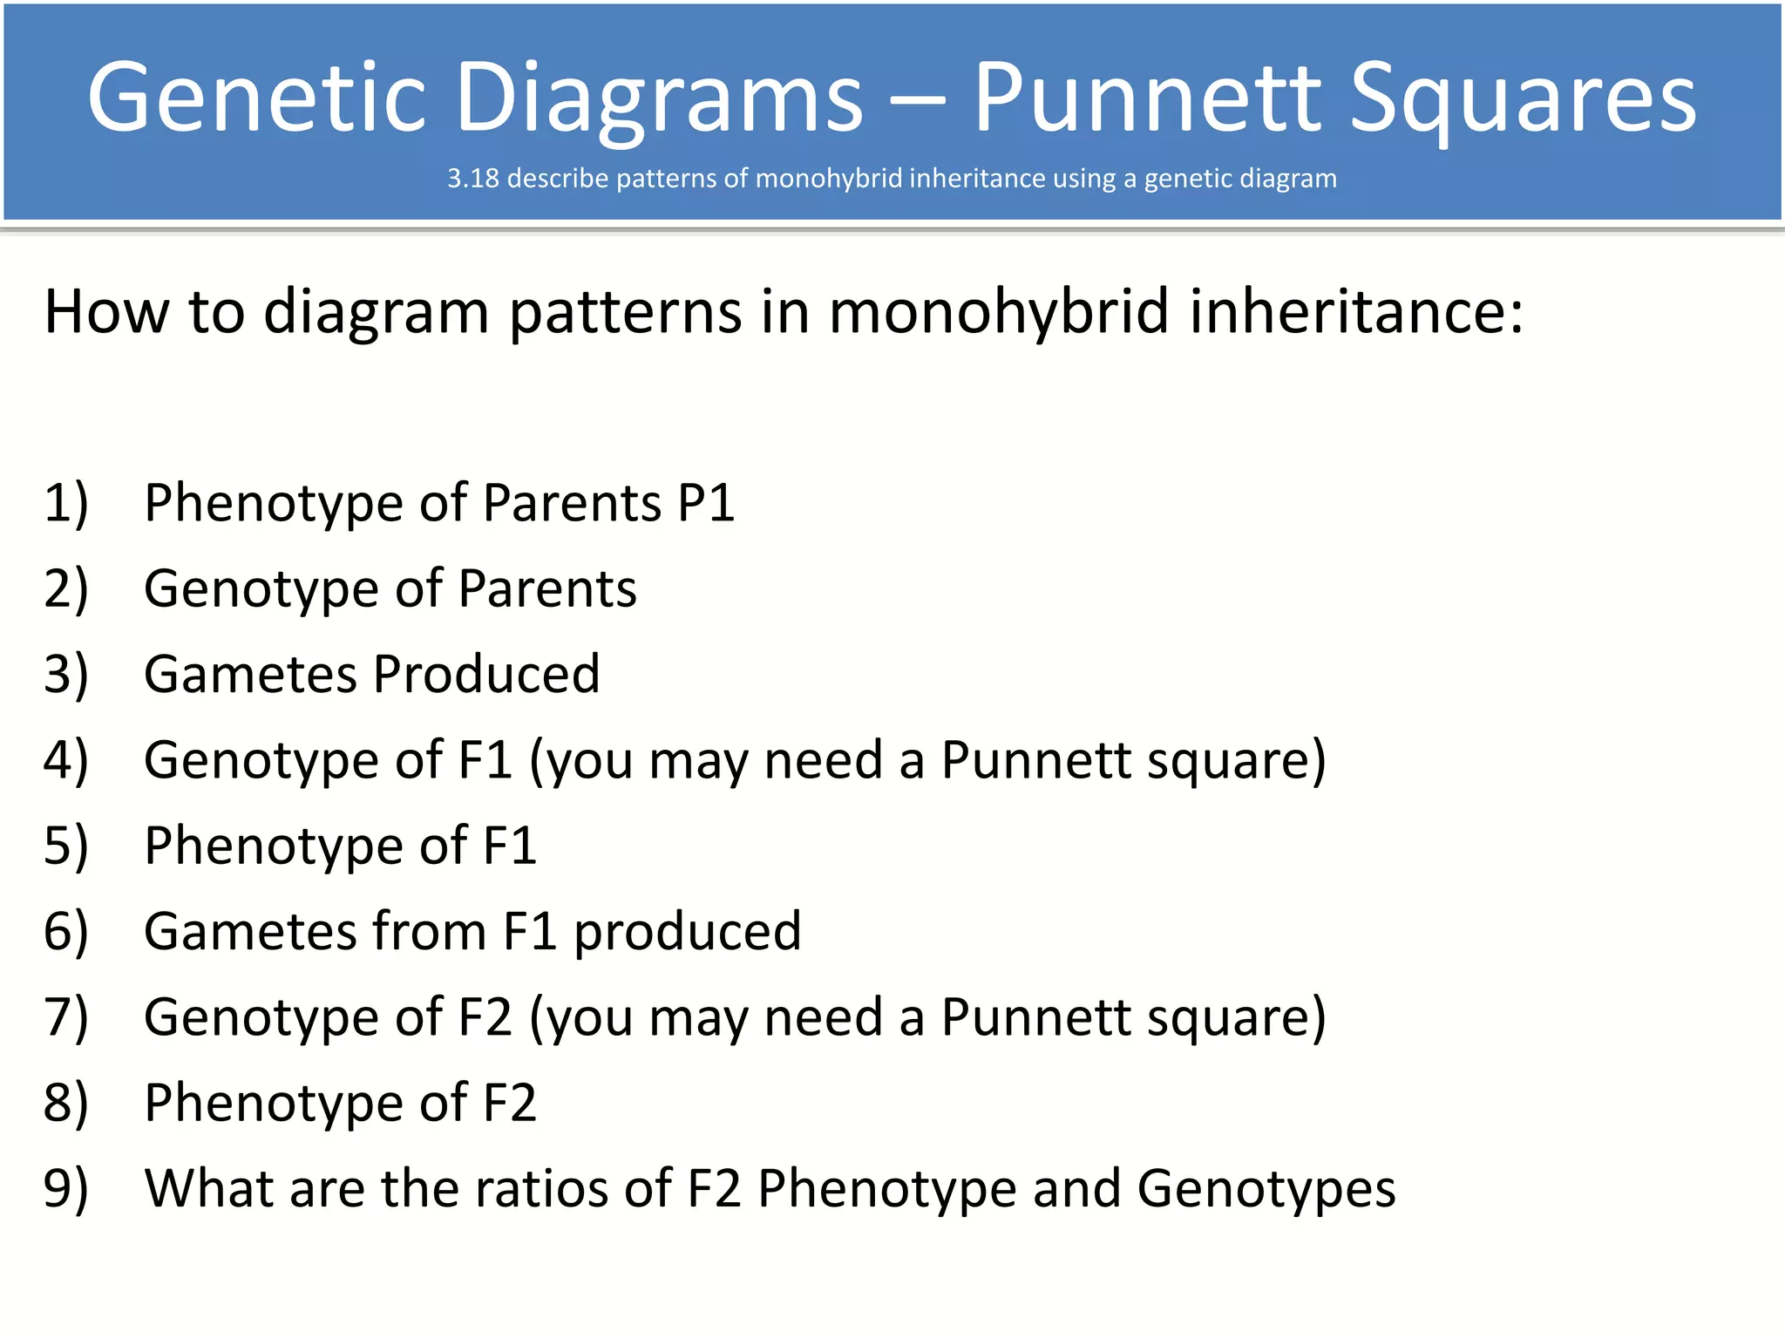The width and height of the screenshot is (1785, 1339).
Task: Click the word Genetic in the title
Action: [257, 98]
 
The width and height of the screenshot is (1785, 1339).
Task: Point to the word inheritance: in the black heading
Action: [1356, 311]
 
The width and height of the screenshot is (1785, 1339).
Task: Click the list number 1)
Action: [66, 504]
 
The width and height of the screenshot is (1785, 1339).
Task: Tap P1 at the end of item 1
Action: [706, 503]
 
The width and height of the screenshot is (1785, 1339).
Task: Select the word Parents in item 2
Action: [547, 588]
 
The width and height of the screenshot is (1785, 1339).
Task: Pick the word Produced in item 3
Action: [486, 674]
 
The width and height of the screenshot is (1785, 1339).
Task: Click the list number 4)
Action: [66, 760]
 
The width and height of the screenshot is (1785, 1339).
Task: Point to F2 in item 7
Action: [485, 1016]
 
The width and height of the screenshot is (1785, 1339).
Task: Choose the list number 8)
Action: [66, 1103]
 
